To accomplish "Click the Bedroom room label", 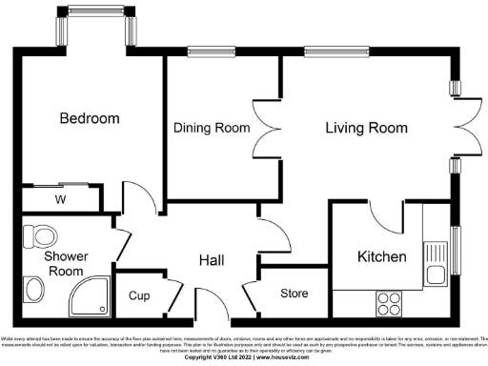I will (x=90, y=119).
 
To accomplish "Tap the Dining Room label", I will (x=211, y=128).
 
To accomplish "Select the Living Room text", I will (x=366, y=128).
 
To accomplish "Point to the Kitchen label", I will (x=381, y=256).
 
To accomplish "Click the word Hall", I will (x=212, y=259).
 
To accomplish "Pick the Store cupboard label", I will (x=293, y=294).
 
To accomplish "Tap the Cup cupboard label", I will (x=139, y=295).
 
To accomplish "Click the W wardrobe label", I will (x=60, y=199).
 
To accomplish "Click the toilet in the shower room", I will (x=40, y=233).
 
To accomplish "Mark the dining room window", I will (x=205, y=53).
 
